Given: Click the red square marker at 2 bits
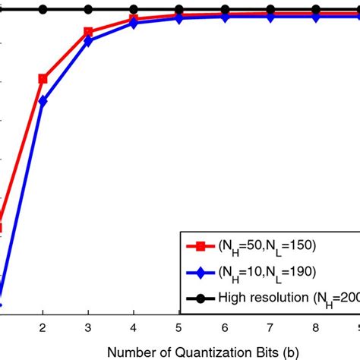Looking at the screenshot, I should tap(43, 78).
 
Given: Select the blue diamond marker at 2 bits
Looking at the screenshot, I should tap(43, 101).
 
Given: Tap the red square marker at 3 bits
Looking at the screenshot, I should tap(89, 32).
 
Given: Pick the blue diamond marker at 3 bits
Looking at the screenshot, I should tap(89, 41).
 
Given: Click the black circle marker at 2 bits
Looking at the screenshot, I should tap(43, 10).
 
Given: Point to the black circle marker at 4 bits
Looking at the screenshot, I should tap(134, 10).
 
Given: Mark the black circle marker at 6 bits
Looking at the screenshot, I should tap(225, 10).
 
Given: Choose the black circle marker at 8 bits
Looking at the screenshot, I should tap(315, 10).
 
